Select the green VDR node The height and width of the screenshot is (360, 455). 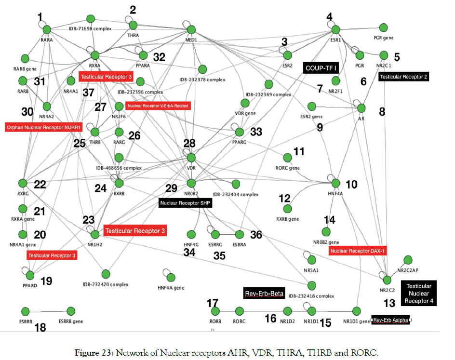(x=191, y=158)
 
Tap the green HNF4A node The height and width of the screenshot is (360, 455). (x=336, y=183)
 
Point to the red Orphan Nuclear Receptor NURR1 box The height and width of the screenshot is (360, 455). (x=43, y=128)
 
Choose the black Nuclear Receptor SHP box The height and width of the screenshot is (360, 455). (x=186, y=203)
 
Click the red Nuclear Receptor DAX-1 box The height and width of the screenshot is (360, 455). (x=358, y=251)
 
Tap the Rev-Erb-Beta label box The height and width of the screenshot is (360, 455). (x=264, y=293)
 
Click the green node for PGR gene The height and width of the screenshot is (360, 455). (x=384, y=27)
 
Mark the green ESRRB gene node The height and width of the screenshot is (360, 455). (x=71, y=311)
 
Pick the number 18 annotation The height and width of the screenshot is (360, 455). (x=40, y=328)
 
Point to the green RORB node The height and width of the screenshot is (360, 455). (x=215, y=311)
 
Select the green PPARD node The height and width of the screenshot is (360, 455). (x=31, y=275)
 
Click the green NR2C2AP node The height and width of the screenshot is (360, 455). (x=408, y=260)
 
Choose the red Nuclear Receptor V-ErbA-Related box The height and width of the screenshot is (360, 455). (x=158, y=106)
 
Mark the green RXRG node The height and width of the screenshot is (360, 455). (x=22, y=183)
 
